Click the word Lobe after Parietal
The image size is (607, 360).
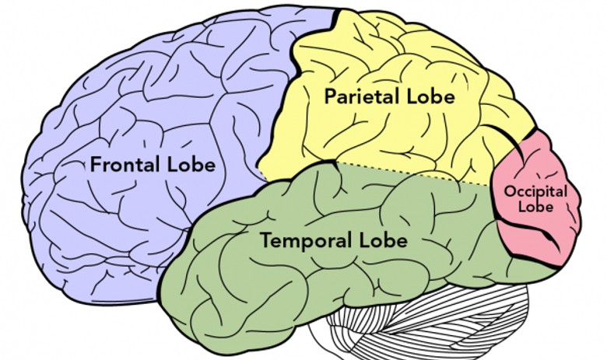[427, 98]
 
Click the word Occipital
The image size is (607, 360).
[535, 191]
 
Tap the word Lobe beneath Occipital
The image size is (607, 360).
[538, 207]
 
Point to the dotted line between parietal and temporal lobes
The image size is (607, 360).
[405, 173]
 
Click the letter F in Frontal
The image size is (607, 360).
[95, 165]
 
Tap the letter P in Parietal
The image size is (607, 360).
[330, 98]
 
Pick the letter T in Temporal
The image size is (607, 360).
[265, 241]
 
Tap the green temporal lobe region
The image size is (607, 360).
[257, 288]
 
